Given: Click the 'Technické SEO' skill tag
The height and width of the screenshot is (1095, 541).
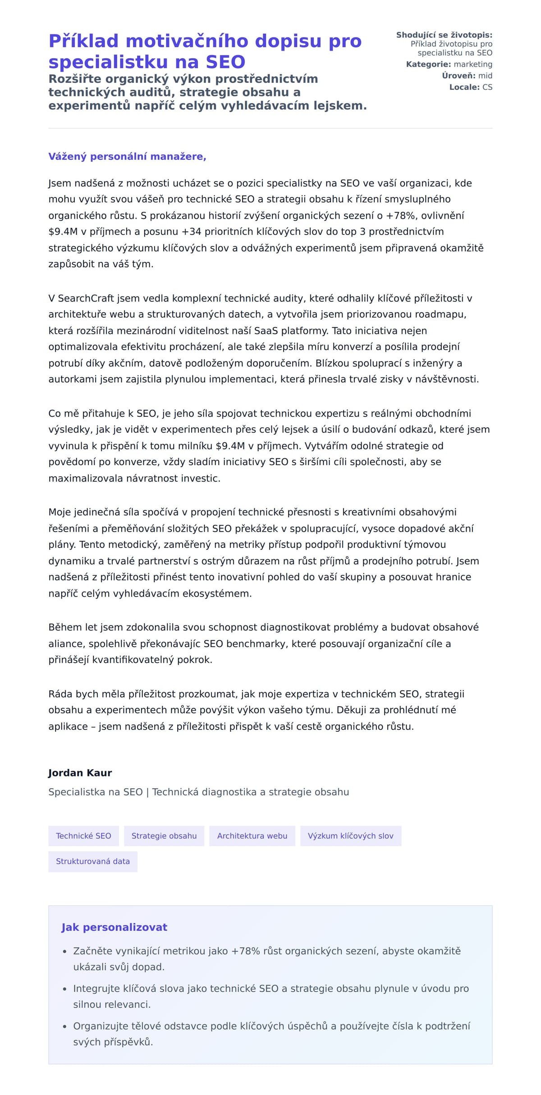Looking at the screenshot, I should click(x=83, y=836).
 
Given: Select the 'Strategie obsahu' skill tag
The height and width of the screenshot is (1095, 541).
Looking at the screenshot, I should click(x=164, y=836).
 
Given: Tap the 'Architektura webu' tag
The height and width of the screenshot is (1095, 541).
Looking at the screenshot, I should click(x=252, y=836).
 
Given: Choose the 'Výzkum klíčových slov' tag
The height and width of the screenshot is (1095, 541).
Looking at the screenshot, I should click(x=350, y=836).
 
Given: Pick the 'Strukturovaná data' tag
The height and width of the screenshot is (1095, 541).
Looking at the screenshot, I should click(x=93, y=861).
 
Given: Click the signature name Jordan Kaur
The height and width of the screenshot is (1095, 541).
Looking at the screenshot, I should click(x=80, y=773).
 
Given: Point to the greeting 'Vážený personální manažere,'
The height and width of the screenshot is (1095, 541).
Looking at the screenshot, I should click(x=127, y=156).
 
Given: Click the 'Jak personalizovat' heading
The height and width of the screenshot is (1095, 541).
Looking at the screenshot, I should click(x=114, y=927).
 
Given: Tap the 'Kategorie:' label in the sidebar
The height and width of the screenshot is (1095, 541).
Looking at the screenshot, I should click(x=428, y=64).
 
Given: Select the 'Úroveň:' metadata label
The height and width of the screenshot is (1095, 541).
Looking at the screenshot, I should click(x=460, y=76).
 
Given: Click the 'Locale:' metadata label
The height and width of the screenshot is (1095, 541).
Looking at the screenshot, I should click(x=464, y=87).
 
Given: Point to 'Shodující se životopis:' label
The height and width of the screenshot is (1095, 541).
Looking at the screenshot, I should click(x=444, y=35).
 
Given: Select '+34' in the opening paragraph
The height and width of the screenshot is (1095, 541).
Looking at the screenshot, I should click(x=191, y=232).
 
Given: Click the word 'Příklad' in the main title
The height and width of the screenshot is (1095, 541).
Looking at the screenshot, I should click(x=83, y=41).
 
